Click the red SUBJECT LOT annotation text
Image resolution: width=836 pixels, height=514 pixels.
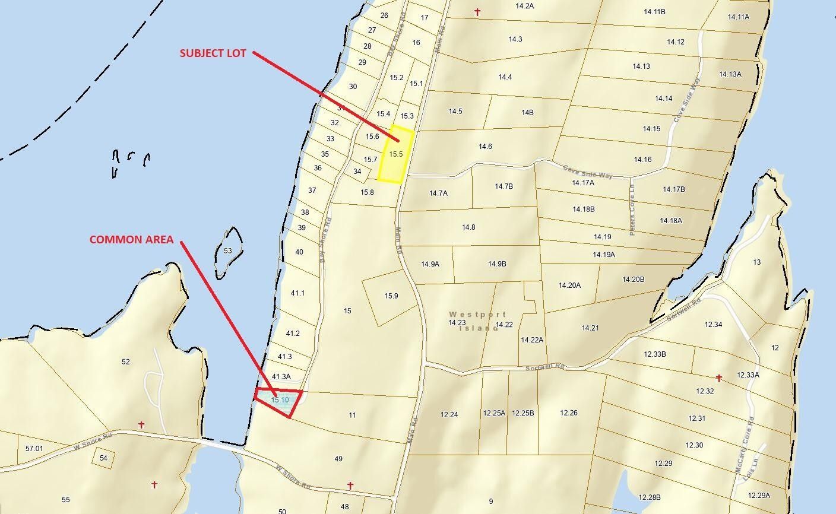click(213, 53)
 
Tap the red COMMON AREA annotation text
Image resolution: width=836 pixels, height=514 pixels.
click(131, 240)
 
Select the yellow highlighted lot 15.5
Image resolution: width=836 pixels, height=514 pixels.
click(396, 154)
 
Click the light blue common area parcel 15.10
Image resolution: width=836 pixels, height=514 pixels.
click(280, 401)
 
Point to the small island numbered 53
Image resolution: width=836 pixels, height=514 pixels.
click(228, 251)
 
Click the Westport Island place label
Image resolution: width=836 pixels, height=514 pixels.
click(477, 321)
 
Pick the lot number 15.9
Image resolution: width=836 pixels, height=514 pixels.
click(391, 296)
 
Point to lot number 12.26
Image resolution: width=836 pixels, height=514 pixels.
click(568, 413)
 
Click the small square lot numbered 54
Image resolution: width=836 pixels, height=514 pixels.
click(103, 458)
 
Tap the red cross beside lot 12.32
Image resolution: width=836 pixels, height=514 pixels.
click(718, 378)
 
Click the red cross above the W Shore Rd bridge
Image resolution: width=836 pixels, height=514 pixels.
click(141, 425)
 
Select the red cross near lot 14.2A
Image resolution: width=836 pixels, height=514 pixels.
click(477, 12)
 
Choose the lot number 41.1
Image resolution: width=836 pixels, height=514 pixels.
click(297, 293)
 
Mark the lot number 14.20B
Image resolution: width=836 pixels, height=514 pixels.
click(633, 280)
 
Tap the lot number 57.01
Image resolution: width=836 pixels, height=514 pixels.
click(34, 448)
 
